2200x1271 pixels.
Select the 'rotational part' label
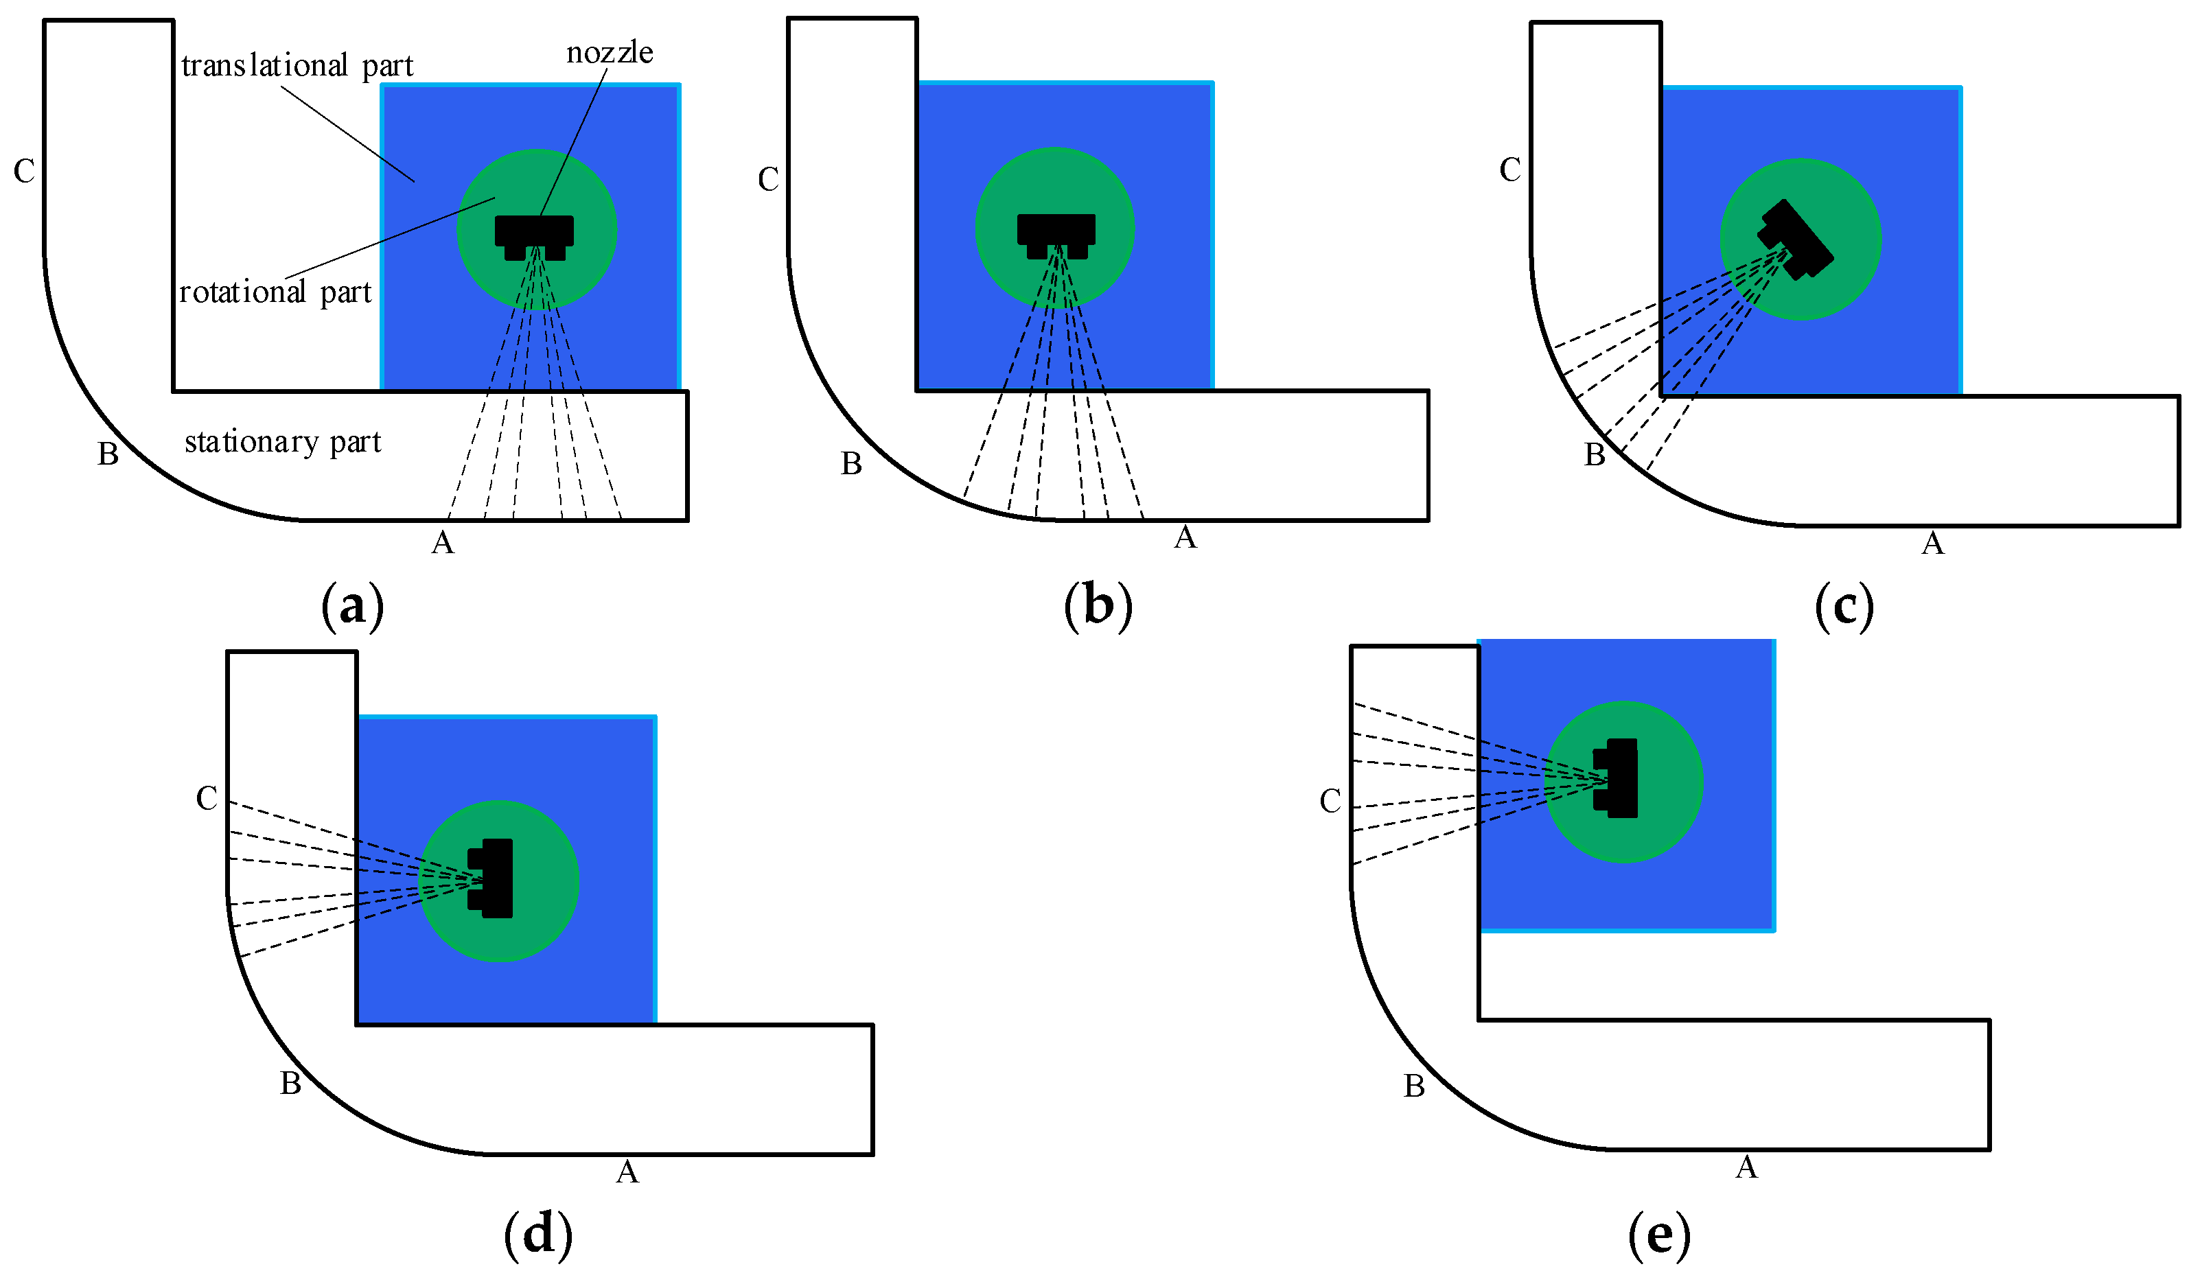(275, 292)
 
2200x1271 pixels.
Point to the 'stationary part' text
(283, 443)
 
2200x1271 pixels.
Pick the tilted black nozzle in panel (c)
(1795, 240)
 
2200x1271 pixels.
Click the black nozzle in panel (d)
(491, 878)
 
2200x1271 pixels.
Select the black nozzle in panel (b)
(1056, 235)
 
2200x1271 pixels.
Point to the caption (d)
(539, 1233)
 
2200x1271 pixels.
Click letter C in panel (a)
(25, 171)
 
